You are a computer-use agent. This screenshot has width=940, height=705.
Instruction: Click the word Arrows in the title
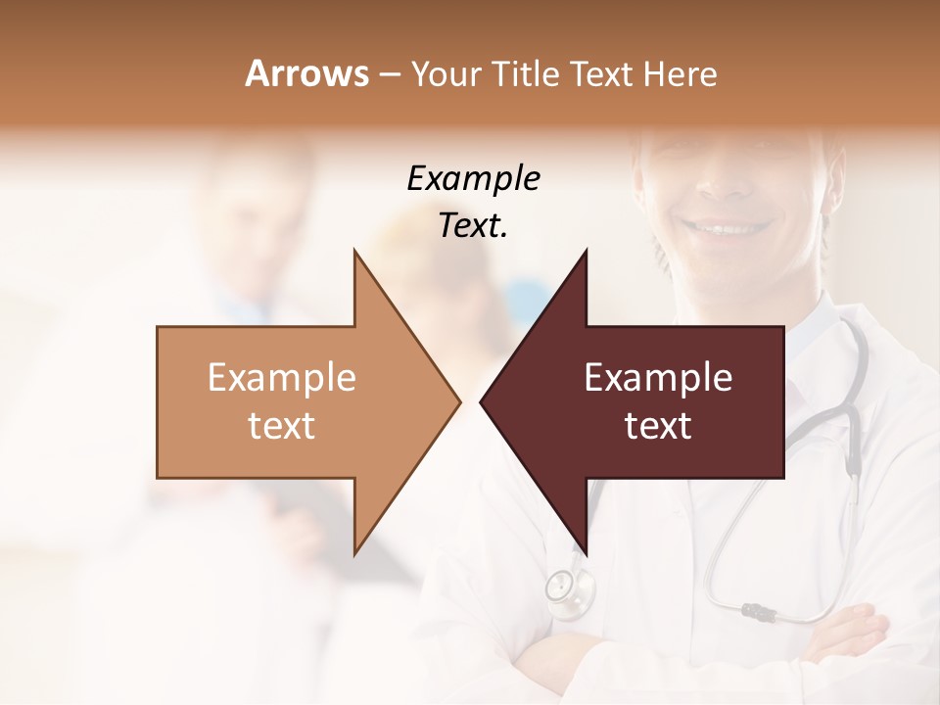pos(306,73)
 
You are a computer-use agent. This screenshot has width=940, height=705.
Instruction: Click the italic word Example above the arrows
pos(473,178)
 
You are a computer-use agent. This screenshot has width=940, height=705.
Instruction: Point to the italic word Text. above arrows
pos(473,225)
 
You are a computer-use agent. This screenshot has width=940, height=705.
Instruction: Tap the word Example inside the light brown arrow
pos(282,378)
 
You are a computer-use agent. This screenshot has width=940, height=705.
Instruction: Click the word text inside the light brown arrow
pos(282,426)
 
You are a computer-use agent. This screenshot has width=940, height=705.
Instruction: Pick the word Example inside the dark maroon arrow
pos(658,378)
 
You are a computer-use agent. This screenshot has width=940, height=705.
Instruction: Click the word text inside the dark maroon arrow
pos(658,426)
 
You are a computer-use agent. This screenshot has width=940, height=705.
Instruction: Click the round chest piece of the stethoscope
pos(561,587)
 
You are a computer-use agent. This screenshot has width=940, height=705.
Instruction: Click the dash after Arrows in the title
pos(389,74)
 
